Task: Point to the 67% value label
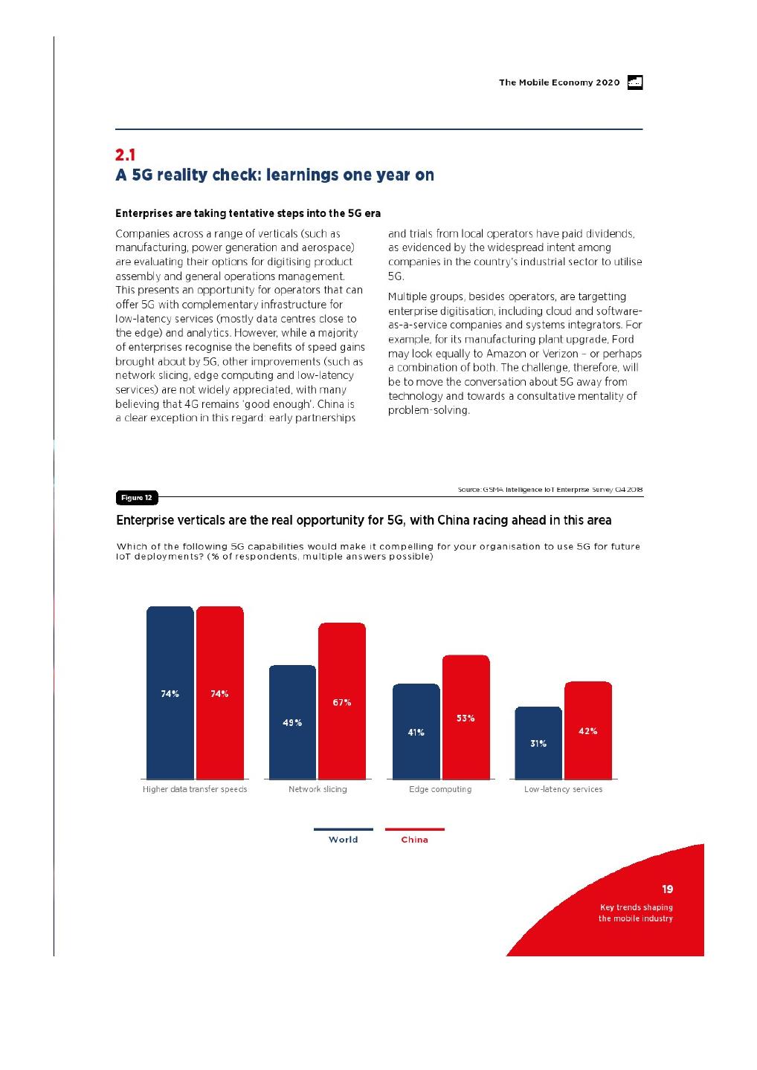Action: point(342,702)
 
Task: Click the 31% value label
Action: point(538,743)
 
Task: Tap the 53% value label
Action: point(466,718)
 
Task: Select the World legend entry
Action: point(343,839)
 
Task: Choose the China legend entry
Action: point(414,839)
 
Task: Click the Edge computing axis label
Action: point(440,789)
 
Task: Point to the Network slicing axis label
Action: point(318,789)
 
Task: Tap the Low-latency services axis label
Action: point(563,789)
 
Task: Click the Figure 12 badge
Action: point(137,497)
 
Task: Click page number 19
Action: point(667,889)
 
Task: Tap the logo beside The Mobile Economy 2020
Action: point(634,82)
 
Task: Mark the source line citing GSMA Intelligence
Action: point(550,490)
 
